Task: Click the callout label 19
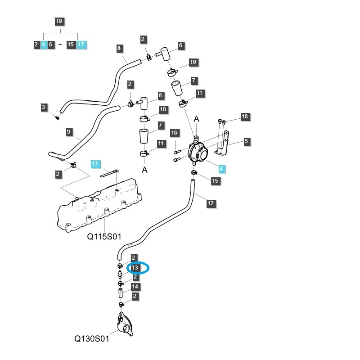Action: pos(59,21)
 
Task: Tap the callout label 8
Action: pos(119,48)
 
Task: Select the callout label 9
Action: pos(69,132)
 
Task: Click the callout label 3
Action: pos(44,107)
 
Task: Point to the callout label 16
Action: pos(174,133)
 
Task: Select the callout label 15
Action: pos(215,180)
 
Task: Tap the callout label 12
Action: pos(211,203)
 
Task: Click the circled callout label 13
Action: pos(134,268)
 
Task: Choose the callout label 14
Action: pos(134,287)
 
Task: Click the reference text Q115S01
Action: pos(104,236)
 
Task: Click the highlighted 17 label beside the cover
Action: pos(94,164)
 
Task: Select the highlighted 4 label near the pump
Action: pos(220,169)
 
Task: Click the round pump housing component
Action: pos(198,153)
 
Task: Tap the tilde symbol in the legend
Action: pos(60,45)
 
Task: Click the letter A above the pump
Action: pos(196,119)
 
